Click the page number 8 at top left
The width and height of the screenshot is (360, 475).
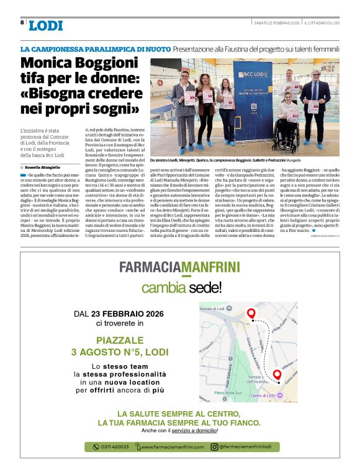point(22,23)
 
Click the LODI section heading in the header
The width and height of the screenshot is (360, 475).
point(45,25)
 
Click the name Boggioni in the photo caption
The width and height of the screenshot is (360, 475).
point(250,160)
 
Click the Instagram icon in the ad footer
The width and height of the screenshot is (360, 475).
point(214,446)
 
